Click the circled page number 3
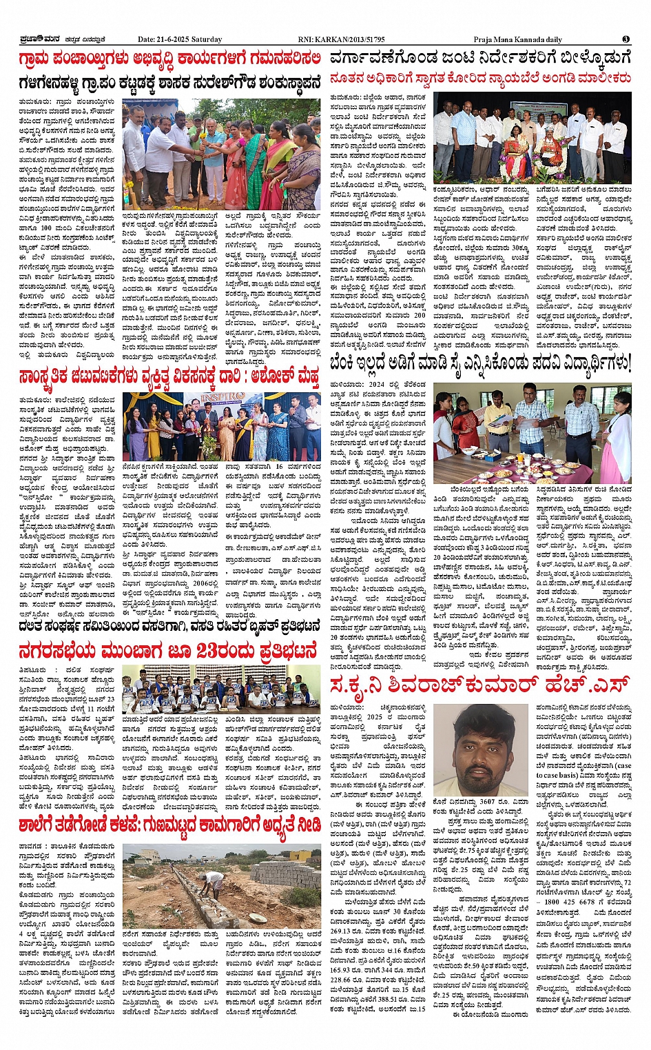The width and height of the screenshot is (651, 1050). click(x=626, y=39)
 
